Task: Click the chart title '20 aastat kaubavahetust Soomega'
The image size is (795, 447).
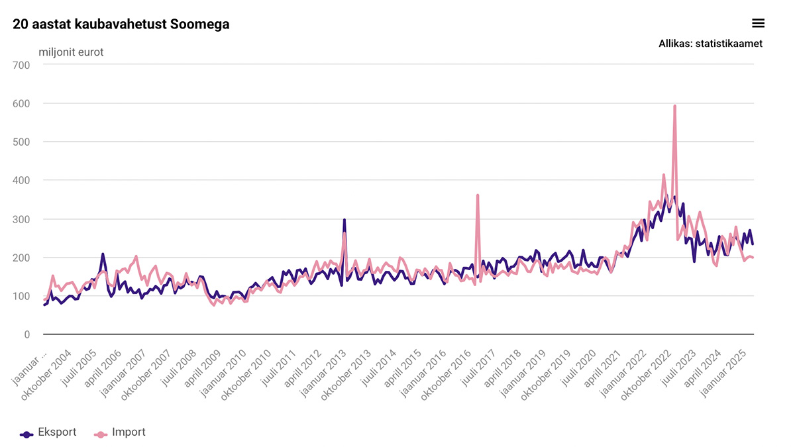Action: (x=121, y=25)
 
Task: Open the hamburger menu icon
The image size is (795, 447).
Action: (x=759, y=23)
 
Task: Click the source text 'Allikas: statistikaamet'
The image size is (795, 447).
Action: (x=710, y=44)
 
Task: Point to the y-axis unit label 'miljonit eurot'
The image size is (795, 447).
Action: (x=71, y=52)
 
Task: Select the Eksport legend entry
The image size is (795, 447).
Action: (x=48, y=433)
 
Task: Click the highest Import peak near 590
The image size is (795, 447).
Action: (x=674, y=106)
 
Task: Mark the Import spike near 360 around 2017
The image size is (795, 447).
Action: (x=478, y=195)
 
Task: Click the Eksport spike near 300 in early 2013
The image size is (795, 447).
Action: (x=344, y=220)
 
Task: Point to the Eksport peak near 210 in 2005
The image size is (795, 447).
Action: (x=103, y=254)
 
